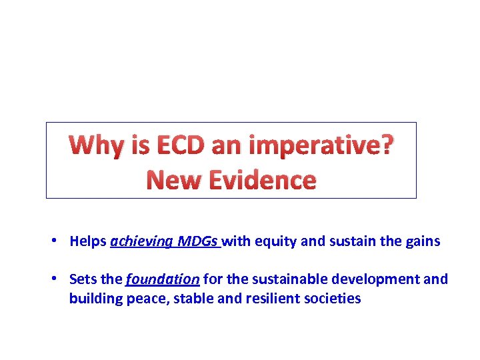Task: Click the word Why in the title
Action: point(95,145)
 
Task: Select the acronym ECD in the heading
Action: point(173,145)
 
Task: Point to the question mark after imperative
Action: point(387,145)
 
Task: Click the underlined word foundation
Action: point(163,279)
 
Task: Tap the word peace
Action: point(147,299)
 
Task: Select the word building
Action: point(95,299)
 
